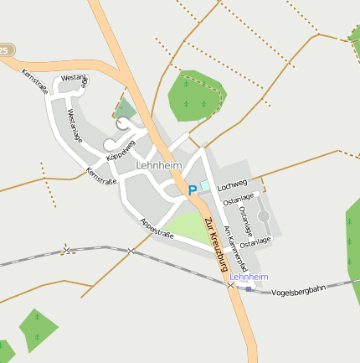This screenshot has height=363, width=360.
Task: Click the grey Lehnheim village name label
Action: coord(159,166)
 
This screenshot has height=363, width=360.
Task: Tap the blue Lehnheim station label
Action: coord(249,276)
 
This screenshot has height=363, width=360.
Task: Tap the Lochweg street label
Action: coord(233,184)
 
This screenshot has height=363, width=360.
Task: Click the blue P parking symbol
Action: coord(192,190)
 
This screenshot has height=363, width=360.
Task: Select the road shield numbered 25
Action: coord(3,51)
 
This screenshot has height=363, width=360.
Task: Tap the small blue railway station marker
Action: coord(248,288)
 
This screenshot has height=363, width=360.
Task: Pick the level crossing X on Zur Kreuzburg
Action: coord(230,285)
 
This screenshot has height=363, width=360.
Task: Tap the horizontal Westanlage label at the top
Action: coord(74,78)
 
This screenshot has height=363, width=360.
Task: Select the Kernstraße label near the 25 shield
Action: coord(35,81)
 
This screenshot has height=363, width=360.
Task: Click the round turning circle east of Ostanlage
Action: coord(264,217)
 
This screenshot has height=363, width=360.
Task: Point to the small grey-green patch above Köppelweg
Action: coord(125,108)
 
